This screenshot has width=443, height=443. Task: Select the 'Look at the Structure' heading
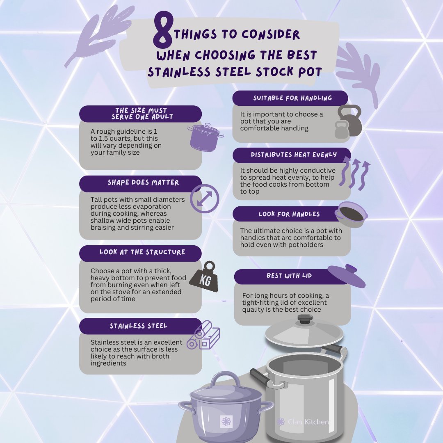(142, 252)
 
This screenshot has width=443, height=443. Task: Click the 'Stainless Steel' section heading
(139, 326)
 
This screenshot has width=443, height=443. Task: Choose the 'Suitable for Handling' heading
(292, 98)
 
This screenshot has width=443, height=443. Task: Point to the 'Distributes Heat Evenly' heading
(294, 155)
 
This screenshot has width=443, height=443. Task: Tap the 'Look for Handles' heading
(289, 214)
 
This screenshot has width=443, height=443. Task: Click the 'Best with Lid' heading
(289, 276)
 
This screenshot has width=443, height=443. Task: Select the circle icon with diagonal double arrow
(205, 199)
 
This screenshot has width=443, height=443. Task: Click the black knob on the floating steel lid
(305, 319)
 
